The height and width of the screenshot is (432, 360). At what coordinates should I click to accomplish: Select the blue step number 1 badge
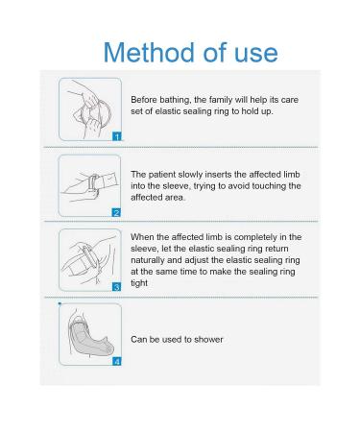117,136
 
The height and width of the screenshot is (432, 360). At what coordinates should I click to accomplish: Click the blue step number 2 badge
116,212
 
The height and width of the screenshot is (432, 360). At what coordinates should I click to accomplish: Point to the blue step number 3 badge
117,287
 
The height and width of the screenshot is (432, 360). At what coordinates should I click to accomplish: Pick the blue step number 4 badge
117,362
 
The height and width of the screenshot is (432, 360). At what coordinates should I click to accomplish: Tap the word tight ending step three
139,283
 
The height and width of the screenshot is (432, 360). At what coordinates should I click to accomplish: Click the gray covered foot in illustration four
90,339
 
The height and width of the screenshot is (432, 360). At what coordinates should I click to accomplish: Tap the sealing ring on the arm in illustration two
94,183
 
